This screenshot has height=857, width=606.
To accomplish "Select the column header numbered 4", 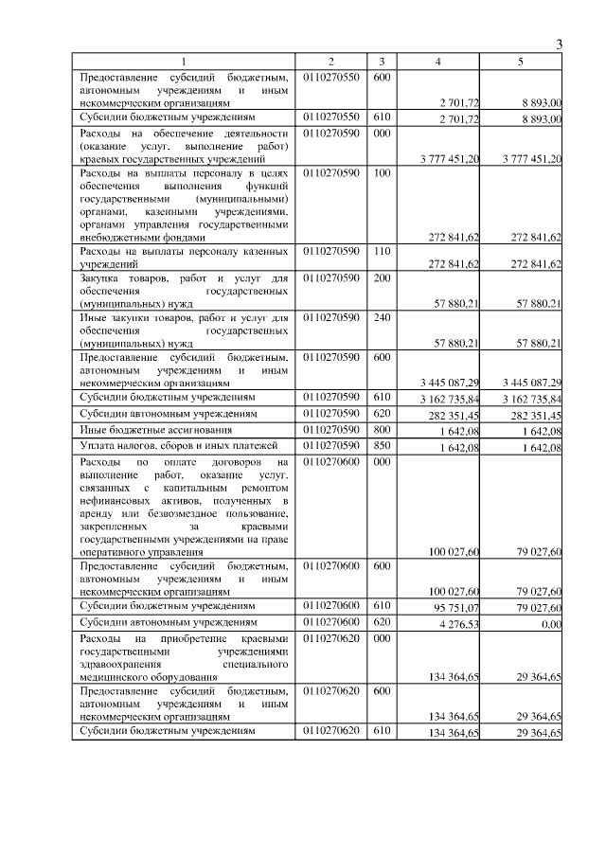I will tap(437, 62).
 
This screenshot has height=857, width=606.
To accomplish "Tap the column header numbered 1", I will tap(185, 62).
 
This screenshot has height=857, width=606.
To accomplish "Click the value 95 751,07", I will tap(454, 607).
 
